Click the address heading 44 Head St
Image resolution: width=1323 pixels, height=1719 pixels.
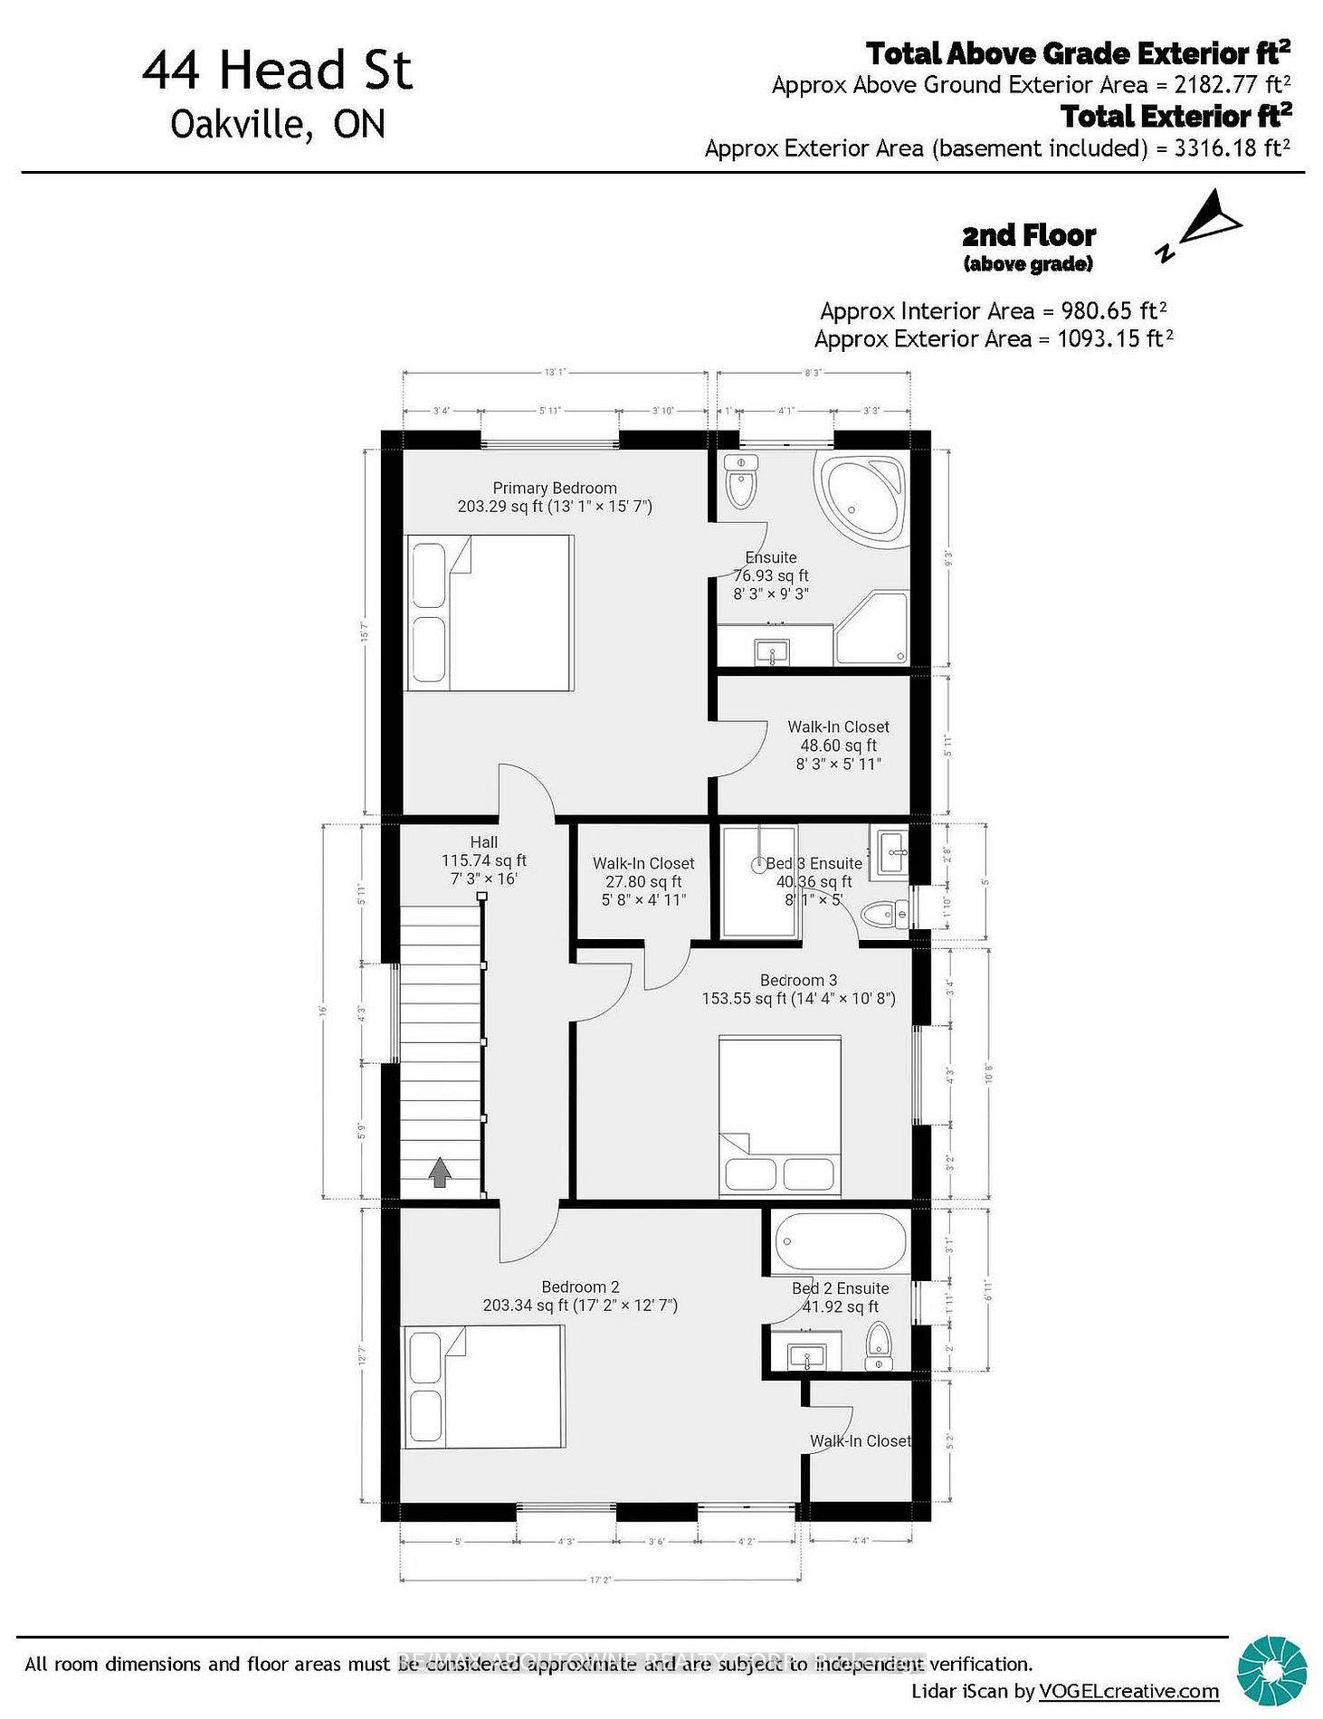click(x=277, y=71)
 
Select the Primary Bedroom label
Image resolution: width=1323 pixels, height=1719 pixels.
click(x=554, y=489)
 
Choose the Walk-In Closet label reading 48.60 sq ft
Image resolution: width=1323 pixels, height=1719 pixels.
click(x=838, y=746)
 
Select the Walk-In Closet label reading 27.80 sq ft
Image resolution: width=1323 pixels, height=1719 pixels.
click(x=643, y=881)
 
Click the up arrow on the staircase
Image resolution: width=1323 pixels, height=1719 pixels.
click(x=440, y=1173)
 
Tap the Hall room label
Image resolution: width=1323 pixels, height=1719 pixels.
click(x=483, y=842)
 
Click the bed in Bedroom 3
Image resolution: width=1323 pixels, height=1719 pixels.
click(x=780, y=1116)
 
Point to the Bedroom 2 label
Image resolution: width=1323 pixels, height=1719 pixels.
click(x=580, y=1287)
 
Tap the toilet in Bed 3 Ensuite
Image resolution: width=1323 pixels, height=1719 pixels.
click(x=878, y=915)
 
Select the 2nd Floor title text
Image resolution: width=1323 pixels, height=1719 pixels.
click(x=1029, y=236)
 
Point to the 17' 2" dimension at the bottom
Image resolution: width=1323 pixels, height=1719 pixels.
click(x=599, y=1580)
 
